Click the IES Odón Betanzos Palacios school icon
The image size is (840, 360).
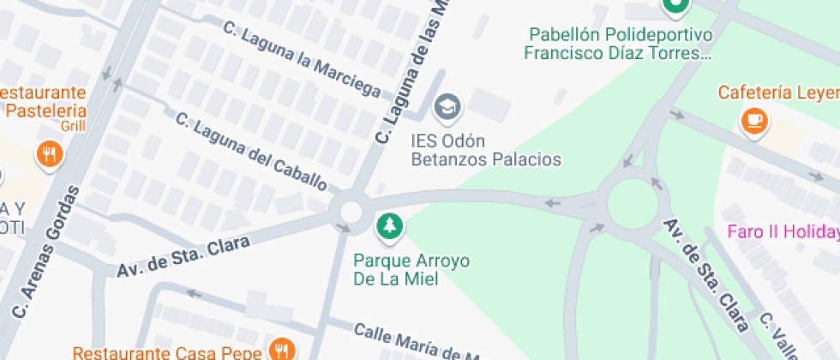(x=447, y=107)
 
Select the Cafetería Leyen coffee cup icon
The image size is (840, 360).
(x=754, y=121)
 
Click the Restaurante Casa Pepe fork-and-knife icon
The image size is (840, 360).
(x=281, y=348)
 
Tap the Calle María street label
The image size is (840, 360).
(x=411, y=341)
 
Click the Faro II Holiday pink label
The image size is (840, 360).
(x=783, y=232)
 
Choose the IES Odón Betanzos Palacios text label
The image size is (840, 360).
(x=486, y=150)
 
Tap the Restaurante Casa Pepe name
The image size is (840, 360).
(x=168, y=352)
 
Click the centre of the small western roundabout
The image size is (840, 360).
(x=351, y=210)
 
